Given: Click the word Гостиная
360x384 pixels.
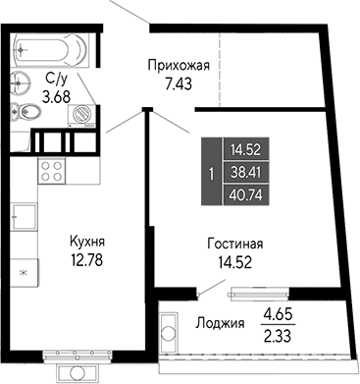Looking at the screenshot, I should tap(235, 244).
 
